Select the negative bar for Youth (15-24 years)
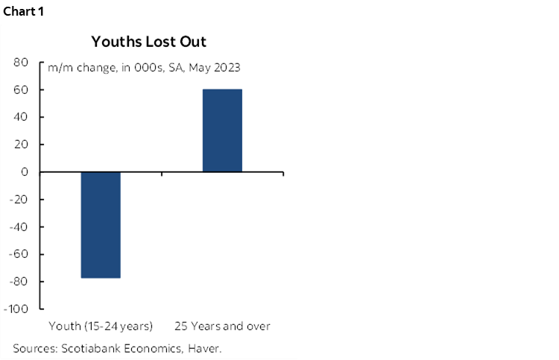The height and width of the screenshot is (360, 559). pos(101,224)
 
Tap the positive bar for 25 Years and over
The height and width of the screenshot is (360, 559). pos(222,130)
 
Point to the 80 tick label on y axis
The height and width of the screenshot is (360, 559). pos(22,63)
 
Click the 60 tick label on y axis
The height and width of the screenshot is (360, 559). pos(22,90)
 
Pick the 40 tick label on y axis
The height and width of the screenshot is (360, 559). pos(22,117)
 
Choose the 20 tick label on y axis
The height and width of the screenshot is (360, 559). pos(22,145)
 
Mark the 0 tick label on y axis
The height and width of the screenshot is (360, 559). pos(25,172)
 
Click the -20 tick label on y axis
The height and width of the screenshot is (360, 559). pos(19,199)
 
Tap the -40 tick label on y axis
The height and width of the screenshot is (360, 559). pos(19,227)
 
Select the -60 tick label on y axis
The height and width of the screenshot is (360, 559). pos(19,254)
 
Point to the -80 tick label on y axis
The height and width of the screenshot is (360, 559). pos(19,281)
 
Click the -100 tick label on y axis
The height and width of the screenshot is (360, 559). pos(16,309)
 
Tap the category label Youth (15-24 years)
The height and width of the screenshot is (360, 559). pos(101,326)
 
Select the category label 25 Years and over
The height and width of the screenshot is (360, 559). pos(222,326)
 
